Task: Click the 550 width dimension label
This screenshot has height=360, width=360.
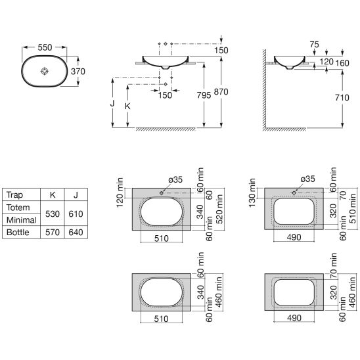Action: point(45,47)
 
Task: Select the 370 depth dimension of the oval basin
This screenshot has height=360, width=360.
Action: point(78,72)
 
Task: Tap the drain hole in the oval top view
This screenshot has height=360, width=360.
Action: point(45,71)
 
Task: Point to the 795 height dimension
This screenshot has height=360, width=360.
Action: point(204,95)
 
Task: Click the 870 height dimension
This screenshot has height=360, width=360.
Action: point(221,92)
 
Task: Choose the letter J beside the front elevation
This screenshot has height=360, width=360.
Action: point(112,104)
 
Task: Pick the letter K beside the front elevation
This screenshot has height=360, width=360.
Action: point(127,106)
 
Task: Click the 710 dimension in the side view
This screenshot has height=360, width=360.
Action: point(342,98)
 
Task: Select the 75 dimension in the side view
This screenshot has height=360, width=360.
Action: point(314,44)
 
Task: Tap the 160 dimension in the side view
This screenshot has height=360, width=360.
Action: point(342,63)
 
